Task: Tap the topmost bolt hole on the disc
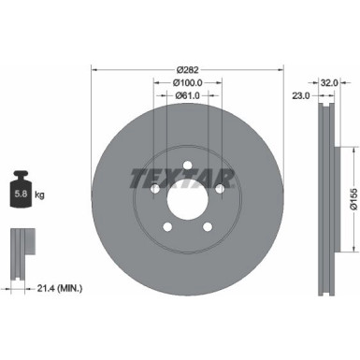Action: (x=187, y=166)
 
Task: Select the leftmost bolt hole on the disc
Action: (x=154, y=190)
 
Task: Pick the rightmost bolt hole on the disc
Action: (x=220, y=190)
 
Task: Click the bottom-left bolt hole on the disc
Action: (x=167, y=228)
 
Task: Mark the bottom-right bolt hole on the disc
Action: (x=208, y=228)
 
